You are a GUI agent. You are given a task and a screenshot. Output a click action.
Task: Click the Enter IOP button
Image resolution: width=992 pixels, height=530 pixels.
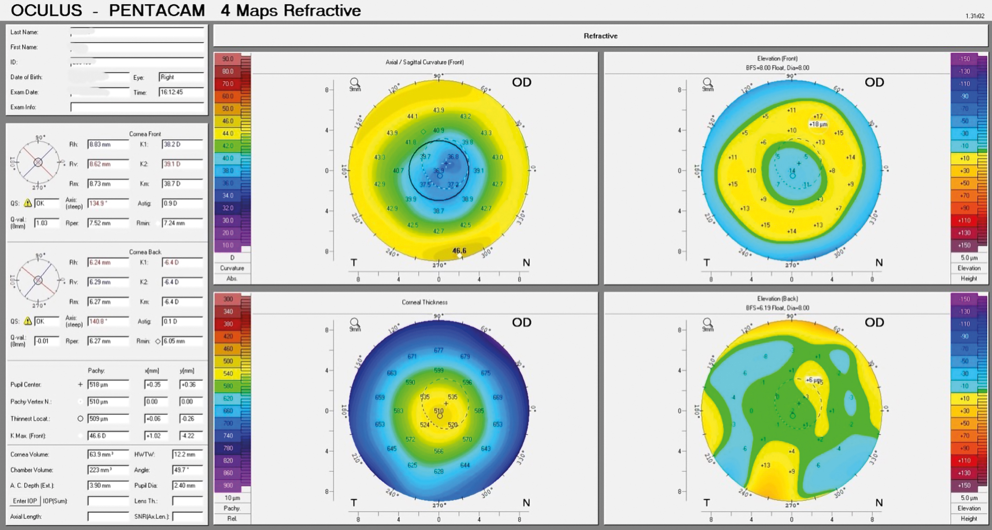[25, 501]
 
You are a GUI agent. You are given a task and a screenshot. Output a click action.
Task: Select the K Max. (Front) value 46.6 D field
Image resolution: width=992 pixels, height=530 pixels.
[108, 436]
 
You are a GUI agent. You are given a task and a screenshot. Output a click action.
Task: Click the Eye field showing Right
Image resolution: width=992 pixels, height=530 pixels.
[181, 77]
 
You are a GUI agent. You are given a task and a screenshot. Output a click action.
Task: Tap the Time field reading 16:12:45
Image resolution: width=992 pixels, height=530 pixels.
[181, 92]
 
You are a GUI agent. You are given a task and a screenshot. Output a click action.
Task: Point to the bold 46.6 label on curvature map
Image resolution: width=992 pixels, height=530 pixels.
[459, 251]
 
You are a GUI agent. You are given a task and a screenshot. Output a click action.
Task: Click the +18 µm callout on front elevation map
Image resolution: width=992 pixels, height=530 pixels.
[818, 125]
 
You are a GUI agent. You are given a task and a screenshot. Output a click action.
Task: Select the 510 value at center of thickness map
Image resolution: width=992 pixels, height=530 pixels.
[439, 411]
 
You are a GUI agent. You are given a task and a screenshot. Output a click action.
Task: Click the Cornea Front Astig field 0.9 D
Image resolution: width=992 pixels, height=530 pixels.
[182, 203]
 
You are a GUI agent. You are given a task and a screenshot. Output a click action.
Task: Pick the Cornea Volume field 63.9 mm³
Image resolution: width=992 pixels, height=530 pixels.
[108, 454]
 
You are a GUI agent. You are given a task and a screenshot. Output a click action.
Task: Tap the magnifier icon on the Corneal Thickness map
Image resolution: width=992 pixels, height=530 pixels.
[355, 322]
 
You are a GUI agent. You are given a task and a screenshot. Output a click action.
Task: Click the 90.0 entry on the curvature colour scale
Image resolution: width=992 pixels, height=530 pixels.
[228, 59]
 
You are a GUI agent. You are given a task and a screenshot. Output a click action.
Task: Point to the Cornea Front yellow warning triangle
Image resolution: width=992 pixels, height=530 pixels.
[28, 203]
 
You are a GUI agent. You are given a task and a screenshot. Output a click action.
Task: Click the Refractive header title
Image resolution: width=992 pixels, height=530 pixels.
[601, 36]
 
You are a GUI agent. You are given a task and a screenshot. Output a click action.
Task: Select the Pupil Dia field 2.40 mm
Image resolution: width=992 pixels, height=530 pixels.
[187, 486]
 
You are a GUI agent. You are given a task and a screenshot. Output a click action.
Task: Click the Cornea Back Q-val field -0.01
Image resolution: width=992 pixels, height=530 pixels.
[47, 341]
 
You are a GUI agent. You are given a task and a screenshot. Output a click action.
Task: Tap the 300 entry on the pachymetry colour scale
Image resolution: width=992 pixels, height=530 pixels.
[228, 299]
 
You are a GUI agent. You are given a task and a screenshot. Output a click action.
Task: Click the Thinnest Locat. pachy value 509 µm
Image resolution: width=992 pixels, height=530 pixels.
[108, 419]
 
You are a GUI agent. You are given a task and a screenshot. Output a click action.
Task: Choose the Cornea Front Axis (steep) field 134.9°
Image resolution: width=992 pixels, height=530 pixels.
[108, 203]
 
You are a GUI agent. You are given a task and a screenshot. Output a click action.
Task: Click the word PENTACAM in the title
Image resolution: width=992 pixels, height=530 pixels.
[157, 10]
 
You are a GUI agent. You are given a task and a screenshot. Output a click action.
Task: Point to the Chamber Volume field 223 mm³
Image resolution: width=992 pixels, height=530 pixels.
[108, 470]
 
